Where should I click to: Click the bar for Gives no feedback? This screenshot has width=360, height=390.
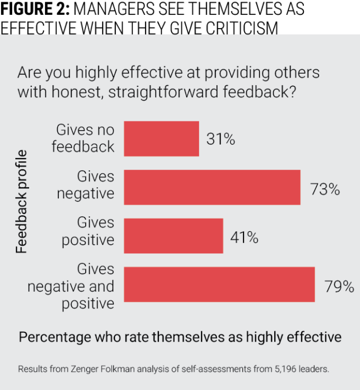(x=162, y=139)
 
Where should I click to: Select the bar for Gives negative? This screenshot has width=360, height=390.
(x=212, y=187)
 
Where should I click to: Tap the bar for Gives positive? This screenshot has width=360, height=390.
(x=174, y=235)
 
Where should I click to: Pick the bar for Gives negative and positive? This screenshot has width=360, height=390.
(x=219, y=284)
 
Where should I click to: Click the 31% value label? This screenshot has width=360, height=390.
(x=221, y=140)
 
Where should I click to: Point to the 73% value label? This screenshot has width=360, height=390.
(x=324, y=190)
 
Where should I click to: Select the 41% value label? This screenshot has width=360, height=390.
(x=244, y=238)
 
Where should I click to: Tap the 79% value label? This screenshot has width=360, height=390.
(x=339, y=287)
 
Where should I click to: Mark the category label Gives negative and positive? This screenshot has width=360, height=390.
(x=71, y=286)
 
